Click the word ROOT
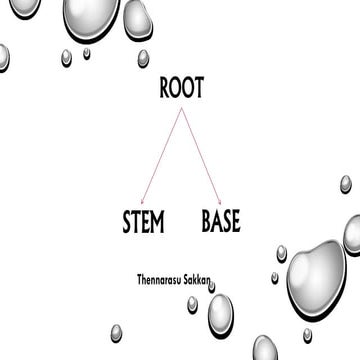[x=182, y=88]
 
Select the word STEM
[x=142, y=220]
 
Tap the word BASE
[x=221, y=220]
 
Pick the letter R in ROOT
[x=166, y=88]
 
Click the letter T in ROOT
[x=199, y=88]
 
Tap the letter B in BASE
[x=207, y=220]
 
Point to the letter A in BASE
[x=217, y=220]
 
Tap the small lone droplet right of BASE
[x=346, y=184]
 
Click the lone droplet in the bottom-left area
[x=116, y=331]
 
